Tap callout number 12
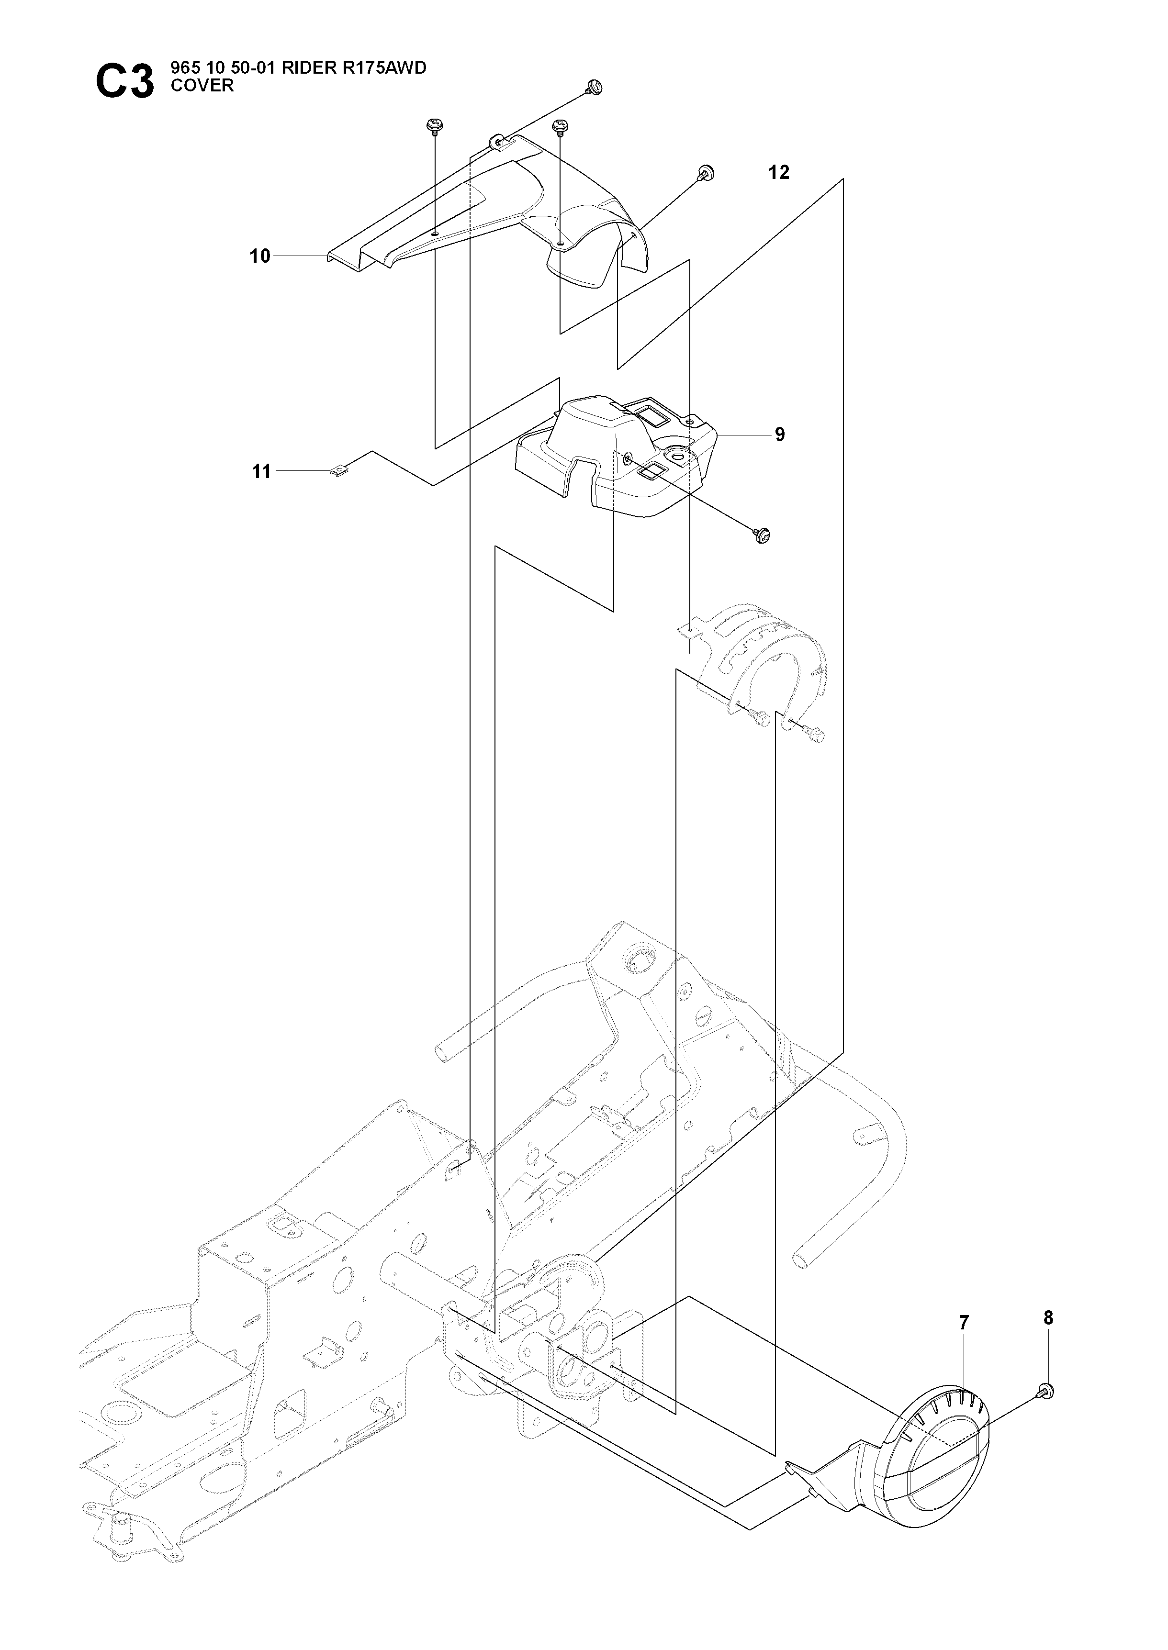click(779, 173)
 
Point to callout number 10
click(259, 256)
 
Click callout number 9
click(780, 434)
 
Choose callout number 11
click(261, 472)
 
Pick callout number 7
click(964, 1322)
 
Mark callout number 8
click(1048, 1318)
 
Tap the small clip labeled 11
click(337, 470)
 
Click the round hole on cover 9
click(677, 454)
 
